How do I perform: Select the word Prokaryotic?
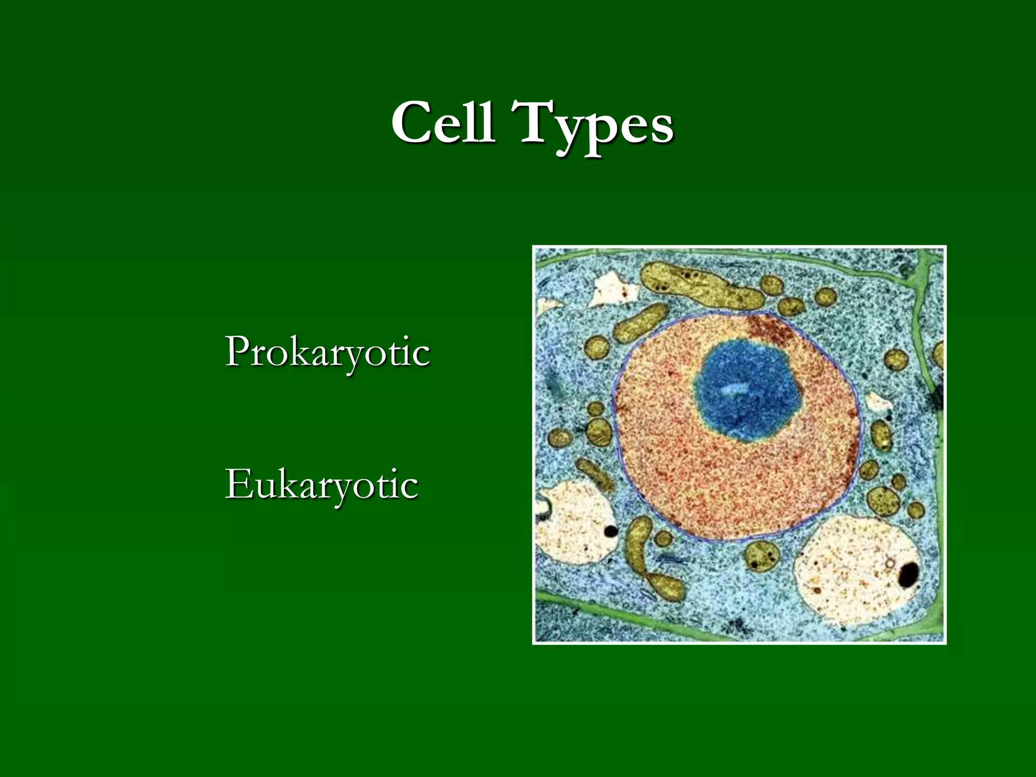tap(327, 352)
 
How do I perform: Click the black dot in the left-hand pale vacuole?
tap(611, 531)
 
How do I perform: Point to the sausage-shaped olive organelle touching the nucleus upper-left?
tap(640, 324)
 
